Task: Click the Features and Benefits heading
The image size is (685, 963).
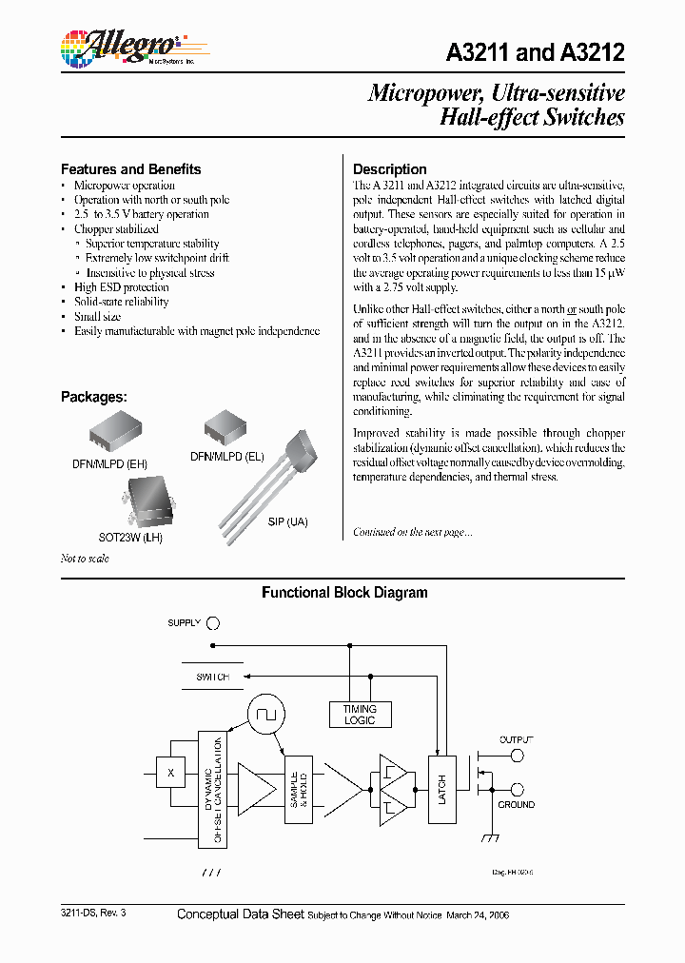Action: (131, 169)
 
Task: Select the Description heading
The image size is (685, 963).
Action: (390, 169)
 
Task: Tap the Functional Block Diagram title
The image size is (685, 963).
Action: (344, 593)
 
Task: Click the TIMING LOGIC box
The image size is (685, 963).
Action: (360, 715)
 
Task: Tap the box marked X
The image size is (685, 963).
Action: (170, 773)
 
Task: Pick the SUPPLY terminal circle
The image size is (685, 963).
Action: (213, 624)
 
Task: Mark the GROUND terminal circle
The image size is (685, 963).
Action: (518, 789)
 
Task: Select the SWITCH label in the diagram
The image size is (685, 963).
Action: (212, 677)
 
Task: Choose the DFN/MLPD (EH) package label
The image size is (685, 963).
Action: (109, 463)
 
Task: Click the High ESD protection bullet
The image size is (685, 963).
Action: (122, 287)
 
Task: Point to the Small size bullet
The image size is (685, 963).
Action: (98, 317)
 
